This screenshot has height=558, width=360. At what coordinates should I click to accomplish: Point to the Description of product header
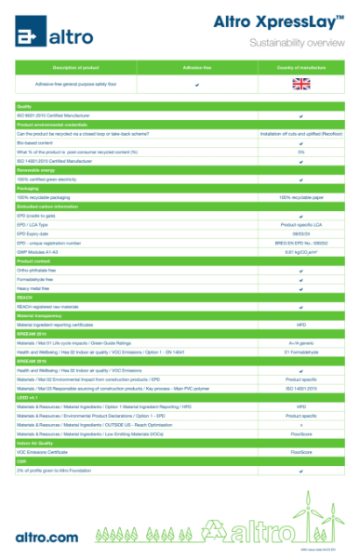76,68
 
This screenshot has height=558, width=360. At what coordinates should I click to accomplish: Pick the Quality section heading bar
25,107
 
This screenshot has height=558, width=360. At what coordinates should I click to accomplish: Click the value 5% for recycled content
300,152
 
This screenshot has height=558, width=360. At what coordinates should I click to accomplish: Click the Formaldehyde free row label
37,279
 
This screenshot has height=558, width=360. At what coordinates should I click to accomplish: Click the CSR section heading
22,461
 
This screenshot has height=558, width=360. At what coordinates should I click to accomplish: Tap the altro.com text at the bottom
47,537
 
